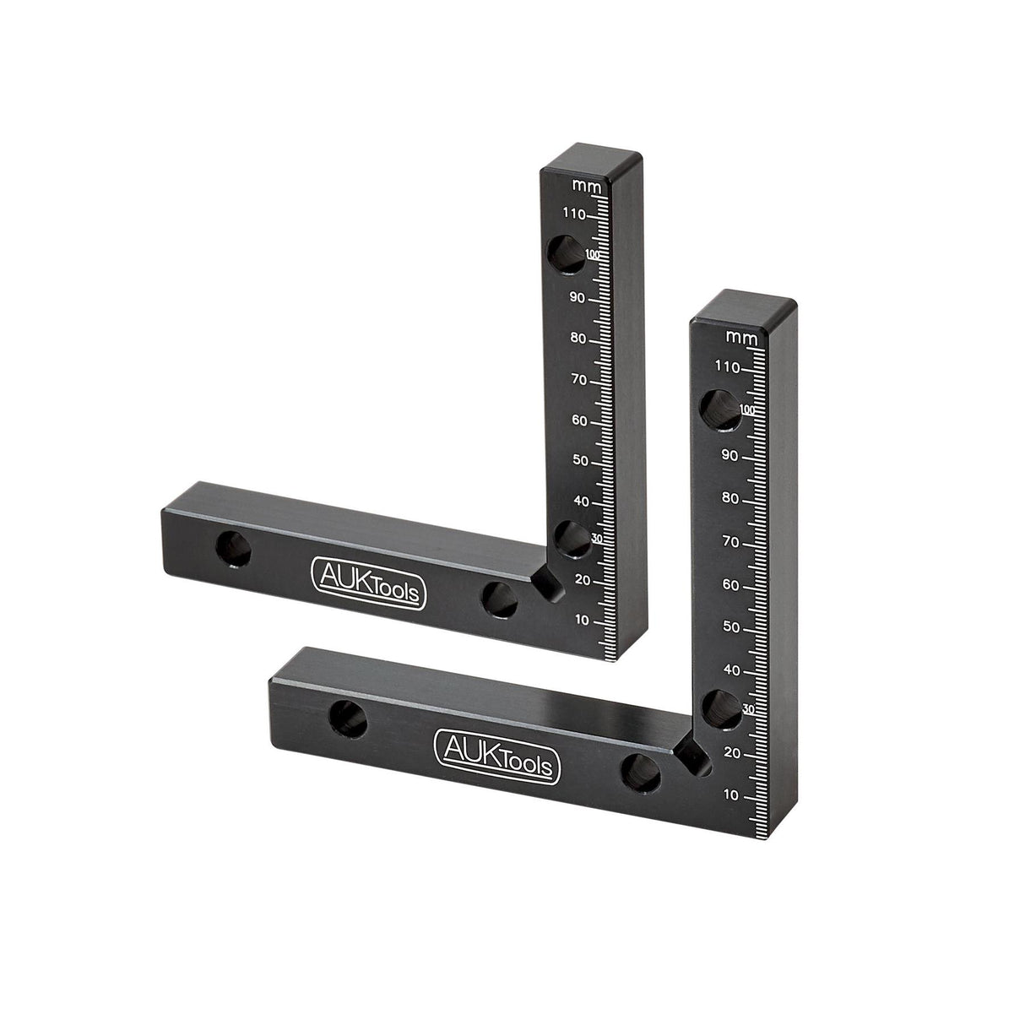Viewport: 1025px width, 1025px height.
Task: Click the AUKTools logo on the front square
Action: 495,754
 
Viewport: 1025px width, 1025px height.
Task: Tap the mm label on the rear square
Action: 582,184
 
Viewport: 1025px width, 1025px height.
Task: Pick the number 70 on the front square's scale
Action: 730,541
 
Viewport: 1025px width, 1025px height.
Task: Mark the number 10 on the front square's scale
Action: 731,795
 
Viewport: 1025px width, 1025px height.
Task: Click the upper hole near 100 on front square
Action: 719,407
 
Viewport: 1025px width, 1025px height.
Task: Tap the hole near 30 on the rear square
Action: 572,539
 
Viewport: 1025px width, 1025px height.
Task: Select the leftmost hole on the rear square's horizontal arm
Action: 234,550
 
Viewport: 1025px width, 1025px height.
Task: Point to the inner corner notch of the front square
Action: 694,754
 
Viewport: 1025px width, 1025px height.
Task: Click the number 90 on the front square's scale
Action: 730,456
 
